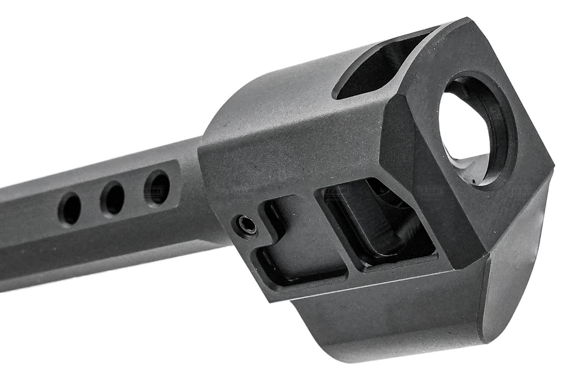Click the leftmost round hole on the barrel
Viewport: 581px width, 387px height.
tap(70, 208)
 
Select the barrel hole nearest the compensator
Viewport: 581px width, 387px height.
tap(157, 187)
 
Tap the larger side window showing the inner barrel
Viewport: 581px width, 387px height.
tap(381, 220)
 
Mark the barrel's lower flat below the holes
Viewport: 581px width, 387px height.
tap(100, 250)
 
